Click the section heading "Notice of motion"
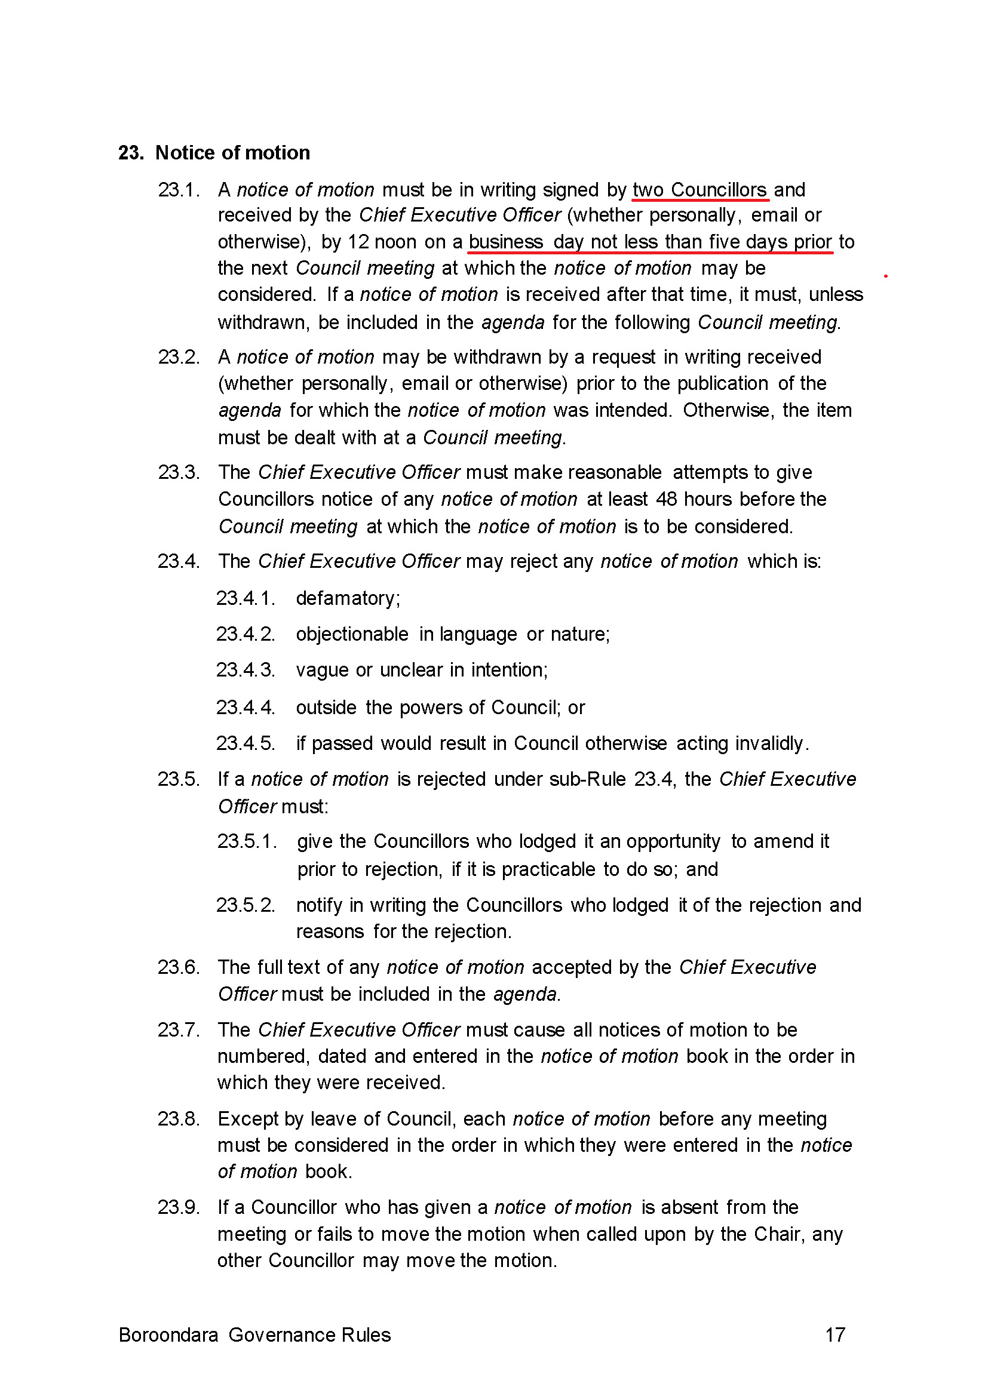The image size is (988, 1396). [x=232, y=153]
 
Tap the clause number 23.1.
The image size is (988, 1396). [x=178, y=190]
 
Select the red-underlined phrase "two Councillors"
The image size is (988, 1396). [x=699, y=190]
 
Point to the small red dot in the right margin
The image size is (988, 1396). [x=885, y=276]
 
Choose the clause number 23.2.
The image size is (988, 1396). [x=178, y=357]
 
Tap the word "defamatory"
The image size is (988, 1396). [x=347, y=598]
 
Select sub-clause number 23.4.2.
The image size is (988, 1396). [x=246, y=634]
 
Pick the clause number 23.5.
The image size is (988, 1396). [x=178, y=779]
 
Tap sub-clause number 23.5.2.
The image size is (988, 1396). [x=246, y=905]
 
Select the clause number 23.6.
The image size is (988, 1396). [x=178, y=967]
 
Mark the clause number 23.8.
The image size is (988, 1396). [x=178, y=1119]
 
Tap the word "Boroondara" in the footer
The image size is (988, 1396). [x=168, y=1334]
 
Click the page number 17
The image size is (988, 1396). [x=834, y=1334]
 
